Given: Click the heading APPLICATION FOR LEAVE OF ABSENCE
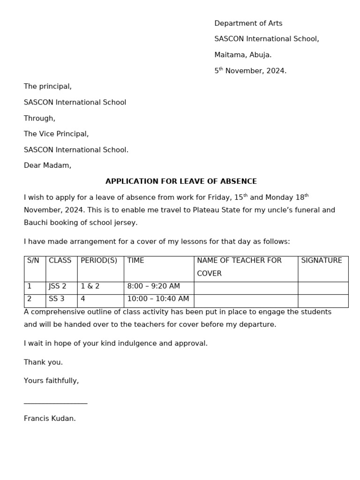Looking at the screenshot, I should click(x=181, y=181).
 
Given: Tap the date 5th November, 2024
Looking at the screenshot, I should click(x=250, y=71).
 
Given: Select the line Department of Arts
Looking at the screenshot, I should click(x=248, y=23).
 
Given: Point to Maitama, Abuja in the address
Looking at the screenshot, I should click(x=243, y=55).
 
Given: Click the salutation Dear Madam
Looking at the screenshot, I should click(x=47, y=165).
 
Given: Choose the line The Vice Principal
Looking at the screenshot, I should click(x=56, y=134).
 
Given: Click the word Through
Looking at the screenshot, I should click(x=39, y=119).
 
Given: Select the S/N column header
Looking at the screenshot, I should click(x=33, y=261).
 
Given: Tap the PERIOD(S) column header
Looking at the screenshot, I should click(x=99, y=261).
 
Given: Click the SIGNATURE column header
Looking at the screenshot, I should click(x=322, y=261).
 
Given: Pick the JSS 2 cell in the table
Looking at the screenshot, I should click(x=58, y=286).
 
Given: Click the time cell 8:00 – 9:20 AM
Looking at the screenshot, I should click(x=154, y=286).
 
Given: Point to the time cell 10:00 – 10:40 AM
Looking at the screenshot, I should click(x=158, y=299).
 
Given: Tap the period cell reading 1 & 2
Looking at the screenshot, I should click(x=90, y=286).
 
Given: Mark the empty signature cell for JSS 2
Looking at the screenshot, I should click(x=323, y=288).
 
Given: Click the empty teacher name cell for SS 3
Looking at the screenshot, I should click(x=246, y=301).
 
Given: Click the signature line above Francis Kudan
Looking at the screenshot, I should click(x=55, y=402).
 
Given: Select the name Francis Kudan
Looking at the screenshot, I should click(x=50, y=419).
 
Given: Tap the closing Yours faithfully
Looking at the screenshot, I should click(x=51, y=381).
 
